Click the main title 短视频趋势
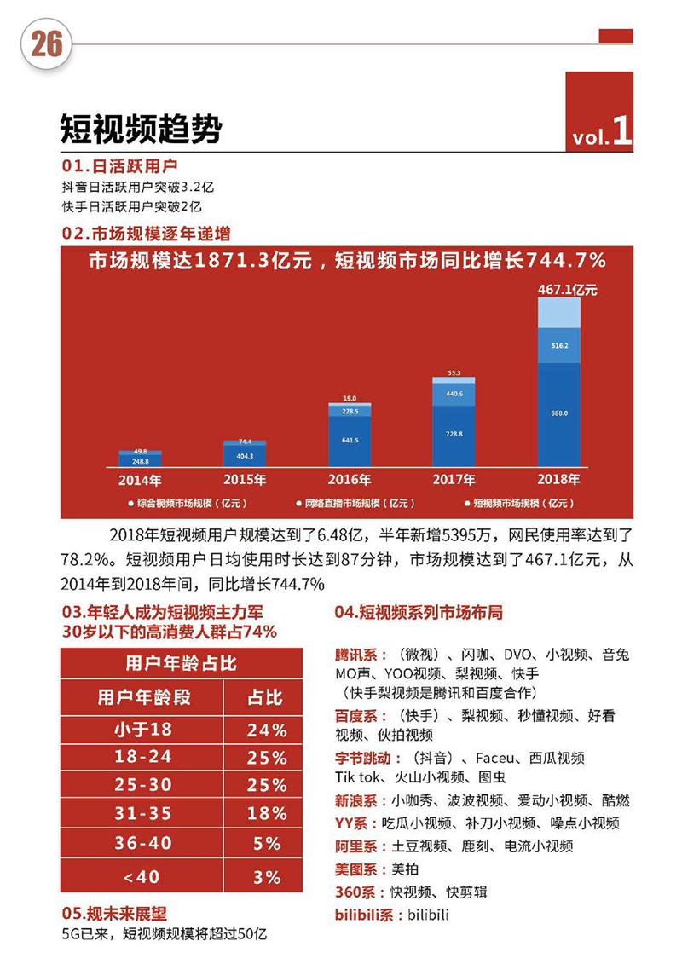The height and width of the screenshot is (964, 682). click(140, 130)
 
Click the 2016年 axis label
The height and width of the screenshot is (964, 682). click(350, 479)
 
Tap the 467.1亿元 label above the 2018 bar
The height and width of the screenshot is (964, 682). click(567, 290)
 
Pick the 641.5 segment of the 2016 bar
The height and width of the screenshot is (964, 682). click(350, 441)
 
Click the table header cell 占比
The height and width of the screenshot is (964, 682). click(264, 698)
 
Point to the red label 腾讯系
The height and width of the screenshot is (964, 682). click(358, 655)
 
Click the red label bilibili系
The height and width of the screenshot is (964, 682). click(369, 915)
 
